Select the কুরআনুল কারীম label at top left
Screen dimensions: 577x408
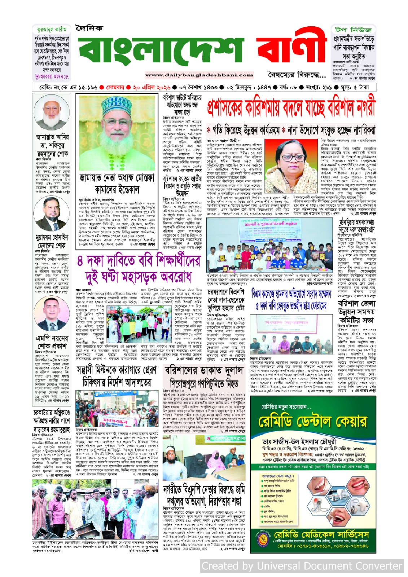51,30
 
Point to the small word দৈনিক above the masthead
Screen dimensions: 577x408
89,28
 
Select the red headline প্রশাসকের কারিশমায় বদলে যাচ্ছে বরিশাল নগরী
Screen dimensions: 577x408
291,107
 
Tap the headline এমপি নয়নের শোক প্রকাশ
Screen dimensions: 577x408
52,342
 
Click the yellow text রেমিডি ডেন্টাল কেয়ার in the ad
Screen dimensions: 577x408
312,421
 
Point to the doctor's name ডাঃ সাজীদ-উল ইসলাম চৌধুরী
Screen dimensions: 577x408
299,441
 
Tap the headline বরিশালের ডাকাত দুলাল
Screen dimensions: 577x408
204,371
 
